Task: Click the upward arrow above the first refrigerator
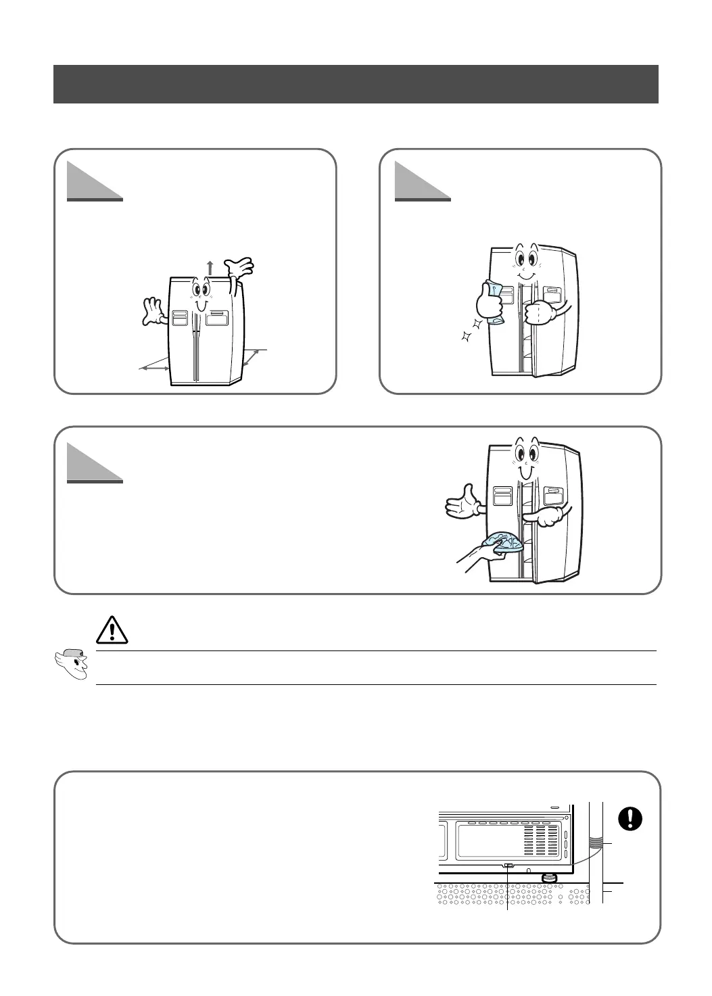pyautogui.click(x=210, y=268)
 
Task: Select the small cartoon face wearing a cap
pyautogui.click(x=71, y=664)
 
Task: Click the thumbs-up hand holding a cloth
pyautogui.click(x=489, y=302)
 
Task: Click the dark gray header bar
pyautogui.click(x=356, y=84)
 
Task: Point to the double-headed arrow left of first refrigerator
pyautogui.click(x=153, y=368)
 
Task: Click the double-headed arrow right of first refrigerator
pyautogui.click(x=252, y=357)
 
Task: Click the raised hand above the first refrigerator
pyautogui.click(x=239, y=268)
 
